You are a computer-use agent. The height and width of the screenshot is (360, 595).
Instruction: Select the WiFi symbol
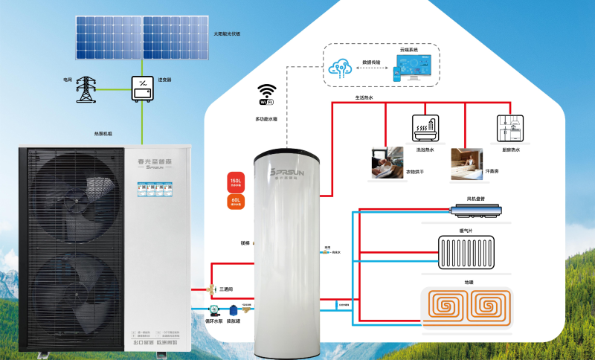click(266, 95)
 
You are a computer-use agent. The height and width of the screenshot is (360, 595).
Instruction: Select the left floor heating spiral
click(444, 307)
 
